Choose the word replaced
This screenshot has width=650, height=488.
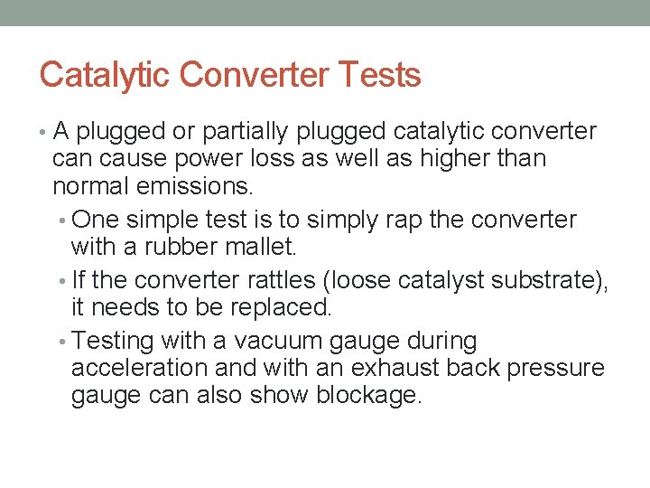[285, 307]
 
